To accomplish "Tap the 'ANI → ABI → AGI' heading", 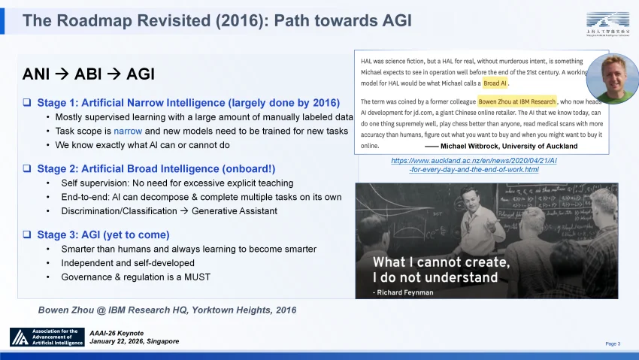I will click(89, 74).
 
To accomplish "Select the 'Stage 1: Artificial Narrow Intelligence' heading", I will click(188, 102).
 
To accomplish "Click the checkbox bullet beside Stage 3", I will click(26, 234).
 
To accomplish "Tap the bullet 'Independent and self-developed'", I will click(128, 263).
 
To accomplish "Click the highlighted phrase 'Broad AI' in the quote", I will click(495, 83).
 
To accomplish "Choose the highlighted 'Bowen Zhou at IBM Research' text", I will click(517, 101).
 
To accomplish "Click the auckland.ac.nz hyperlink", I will click(474, 165).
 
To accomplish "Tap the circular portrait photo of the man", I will click(612, 78).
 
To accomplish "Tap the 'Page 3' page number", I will click(613, 343).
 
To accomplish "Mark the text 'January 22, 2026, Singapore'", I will click(134, 341).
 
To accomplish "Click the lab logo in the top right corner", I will click(607, 23).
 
